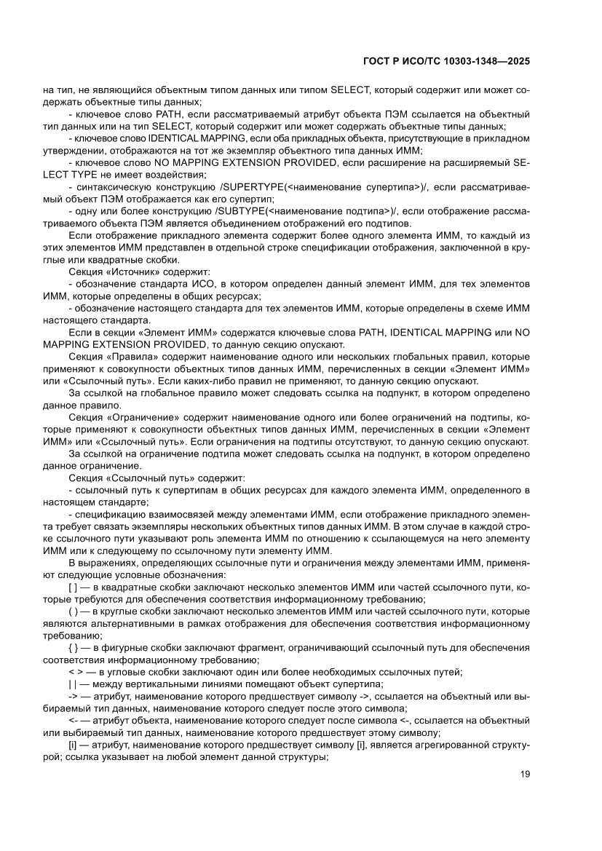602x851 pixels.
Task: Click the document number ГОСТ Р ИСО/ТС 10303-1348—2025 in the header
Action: pyautogui.click(x=445, y=62)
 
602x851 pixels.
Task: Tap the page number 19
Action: pyautogui.click(x=525, y=774)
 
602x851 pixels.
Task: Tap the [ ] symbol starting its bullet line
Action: pyautogui.click(x=73, y=586)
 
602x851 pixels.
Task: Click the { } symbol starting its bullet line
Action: pyautogui.click(x=73, y=646)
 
